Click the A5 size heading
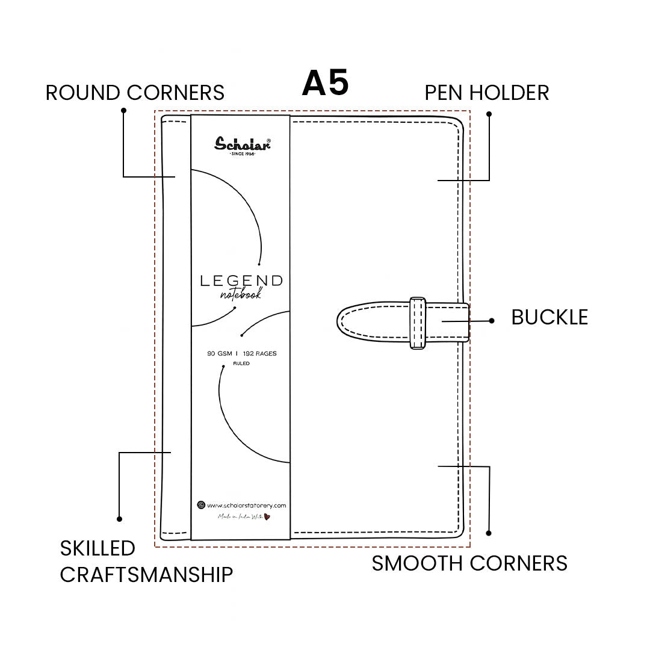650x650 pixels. tap(325, 83)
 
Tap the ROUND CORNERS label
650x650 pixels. tap(135, 93)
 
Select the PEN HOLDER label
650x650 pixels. tap(487, 93)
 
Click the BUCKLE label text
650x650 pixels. tap(549, 317)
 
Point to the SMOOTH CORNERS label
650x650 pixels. tap(469, 563)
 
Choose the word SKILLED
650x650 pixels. tap(97, 548)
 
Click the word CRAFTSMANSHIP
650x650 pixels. tap(146, 575)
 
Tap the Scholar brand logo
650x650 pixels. tap(243, 144)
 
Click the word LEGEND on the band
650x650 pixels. tap(241, 280)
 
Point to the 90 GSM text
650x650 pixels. tap(220, 354)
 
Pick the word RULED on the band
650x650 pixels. tap(241, 364)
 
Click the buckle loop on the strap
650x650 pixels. tap(418, 323)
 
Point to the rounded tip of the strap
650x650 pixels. tap(344, 323)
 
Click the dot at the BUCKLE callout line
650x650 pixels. tap(492, 321)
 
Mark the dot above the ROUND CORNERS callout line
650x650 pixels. tap(123, 110)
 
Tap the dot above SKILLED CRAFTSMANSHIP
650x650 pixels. tap(119, 519)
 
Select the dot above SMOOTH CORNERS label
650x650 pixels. tap(489, 533)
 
